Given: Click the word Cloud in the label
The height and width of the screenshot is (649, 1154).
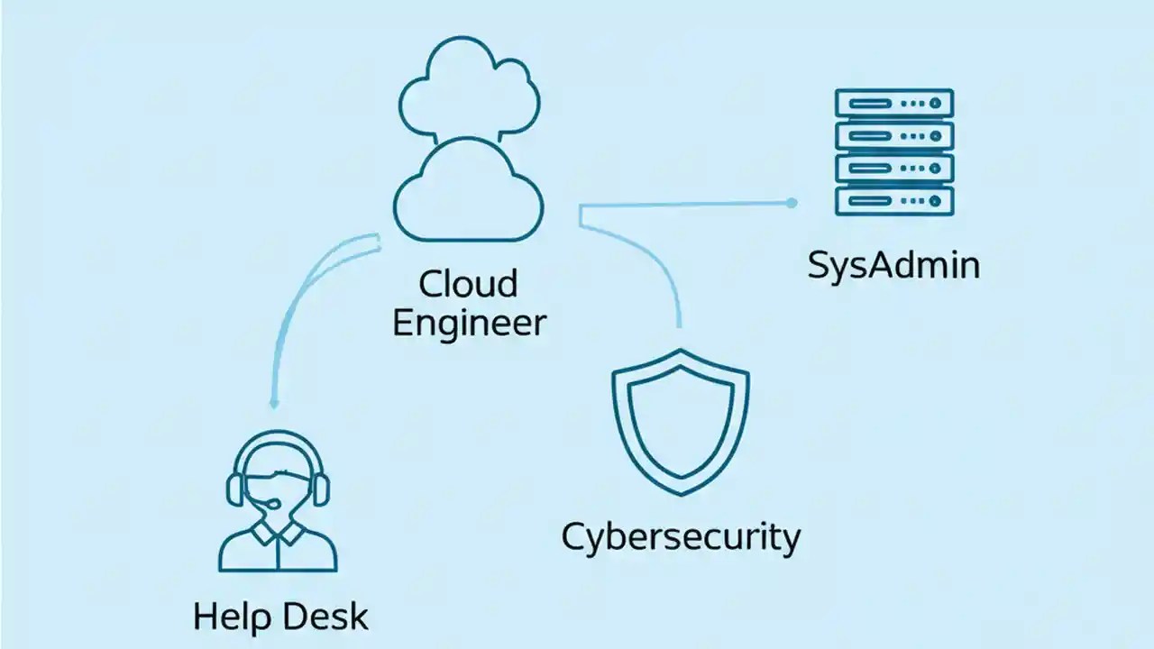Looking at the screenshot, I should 469,284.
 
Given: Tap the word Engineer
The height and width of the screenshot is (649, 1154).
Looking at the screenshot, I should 469,323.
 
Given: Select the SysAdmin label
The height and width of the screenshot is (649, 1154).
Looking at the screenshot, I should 893,266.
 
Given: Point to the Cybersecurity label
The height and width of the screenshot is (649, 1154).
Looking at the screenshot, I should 681,538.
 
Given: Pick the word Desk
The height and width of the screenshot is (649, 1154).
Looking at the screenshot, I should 326,617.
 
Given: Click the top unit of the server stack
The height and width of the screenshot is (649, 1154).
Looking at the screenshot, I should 893,104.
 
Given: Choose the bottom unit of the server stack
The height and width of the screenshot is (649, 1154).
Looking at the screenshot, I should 893,200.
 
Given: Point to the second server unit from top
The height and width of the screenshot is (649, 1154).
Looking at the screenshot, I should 893,135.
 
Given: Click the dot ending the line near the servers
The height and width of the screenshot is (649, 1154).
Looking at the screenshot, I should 792,204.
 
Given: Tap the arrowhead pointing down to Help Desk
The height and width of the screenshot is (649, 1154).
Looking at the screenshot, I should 274,403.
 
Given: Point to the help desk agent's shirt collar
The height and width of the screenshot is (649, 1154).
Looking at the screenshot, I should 278,534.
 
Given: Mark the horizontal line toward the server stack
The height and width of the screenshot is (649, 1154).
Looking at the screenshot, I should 685,205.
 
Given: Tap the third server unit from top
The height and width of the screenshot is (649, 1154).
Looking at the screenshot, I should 893,168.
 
